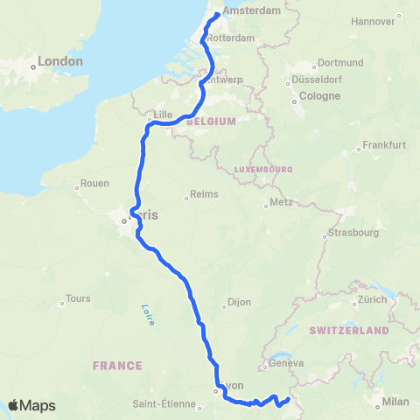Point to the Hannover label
click(373, 20)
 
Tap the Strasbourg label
click(353, 233)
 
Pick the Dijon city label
click(239, 302)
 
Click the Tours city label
click(78, 298)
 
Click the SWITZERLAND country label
click(348, 331)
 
